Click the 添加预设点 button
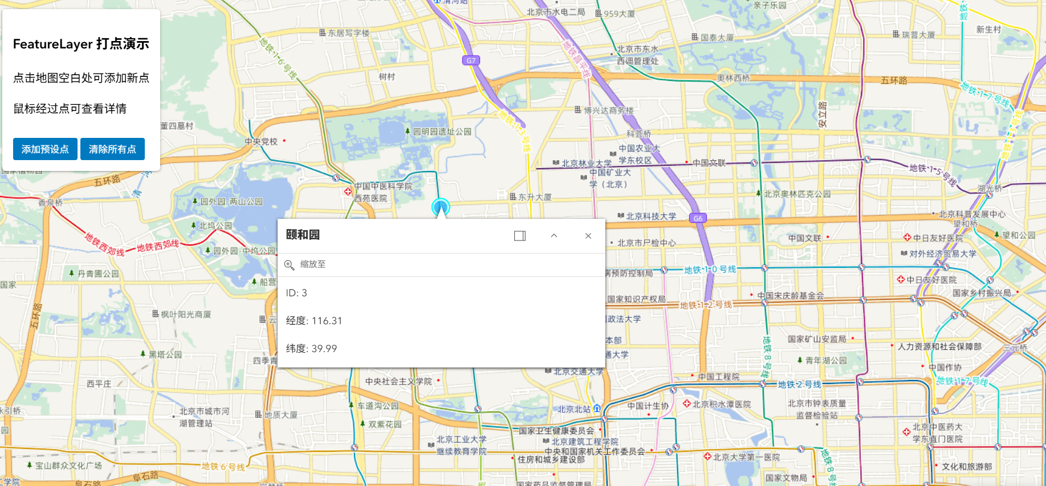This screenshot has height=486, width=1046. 45,149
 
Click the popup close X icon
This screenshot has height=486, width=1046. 588,236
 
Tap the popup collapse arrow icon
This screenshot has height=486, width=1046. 553,236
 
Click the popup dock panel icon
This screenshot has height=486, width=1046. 519,236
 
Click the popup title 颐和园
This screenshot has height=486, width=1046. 303,235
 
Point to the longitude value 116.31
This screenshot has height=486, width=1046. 327,321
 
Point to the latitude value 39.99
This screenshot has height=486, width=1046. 324,349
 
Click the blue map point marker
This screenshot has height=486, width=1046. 441,207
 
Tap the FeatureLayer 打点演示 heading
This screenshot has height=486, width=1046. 81,44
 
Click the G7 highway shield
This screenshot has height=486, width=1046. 471,60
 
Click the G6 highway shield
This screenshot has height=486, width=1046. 698,218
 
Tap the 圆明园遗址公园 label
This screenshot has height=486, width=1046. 442,132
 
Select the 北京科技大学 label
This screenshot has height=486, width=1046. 651,217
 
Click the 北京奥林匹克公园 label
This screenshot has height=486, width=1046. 797,194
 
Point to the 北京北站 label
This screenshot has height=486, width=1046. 574,409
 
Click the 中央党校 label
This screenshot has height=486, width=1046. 261,141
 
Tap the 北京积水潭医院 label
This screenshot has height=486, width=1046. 721,405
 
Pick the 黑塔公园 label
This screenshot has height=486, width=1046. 165,354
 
